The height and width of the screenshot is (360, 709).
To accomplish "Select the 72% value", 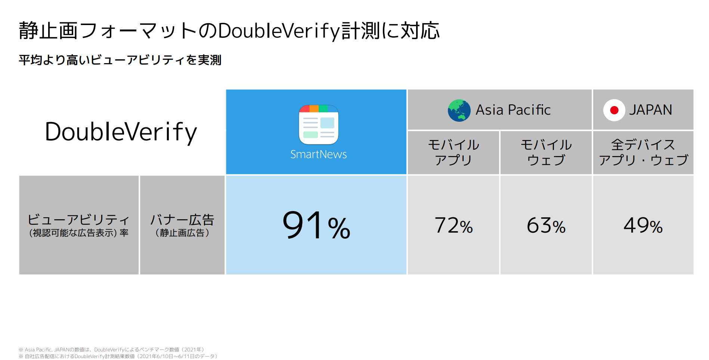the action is [x=453, y=225].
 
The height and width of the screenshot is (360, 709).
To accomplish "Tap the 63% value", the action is [x=546, y=225].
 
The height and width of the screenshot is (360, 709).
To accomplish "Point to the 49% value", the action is [x=643, y=225].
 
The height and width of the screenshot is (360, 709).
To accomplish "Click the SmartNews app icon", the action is [x=319, y=125].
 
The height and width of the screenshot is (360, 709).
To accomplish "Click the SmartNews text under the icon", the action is [x=319, y=154].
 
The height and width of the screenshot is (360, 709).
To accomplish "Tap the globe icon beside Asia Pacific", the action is [x=459, y=110].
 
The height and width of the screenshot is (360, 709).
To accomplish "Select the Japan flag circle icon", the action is [x=614, y=110].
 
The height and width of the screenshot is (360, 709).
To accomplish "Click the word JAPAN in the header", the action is [x=650, y=110].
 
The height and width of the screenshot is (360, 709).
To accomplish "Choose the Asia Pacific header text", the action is [x=513, y=110].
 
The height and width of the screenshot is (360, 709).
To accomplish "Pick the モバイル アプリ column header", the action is [x=453, y=152].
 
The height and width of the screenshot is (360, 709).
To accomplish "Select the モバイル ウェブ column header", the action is [x=546, y=152].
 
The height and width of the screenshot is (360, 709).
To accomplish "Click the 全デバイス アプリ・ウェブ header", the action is [x=643, y=152].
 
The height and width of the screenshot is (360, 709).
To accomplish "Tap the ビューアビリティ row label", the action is [x=79, y=225].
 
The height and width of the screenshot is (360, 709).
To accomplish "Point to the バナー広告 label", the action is [x=182, y=225].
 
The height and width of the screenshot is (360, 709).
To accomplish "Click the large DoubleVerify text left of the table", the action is [x=121, y=132].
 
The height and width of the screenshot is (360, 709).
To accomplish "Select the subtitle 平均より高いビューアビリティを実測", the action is [x=120, y=60].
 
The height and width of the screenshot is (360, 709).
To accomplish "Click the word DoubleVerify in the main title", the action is [x=279, y=31].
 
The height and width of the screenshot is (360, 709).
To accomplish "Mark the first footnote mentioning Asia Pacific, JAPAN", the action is [x=112, y=350].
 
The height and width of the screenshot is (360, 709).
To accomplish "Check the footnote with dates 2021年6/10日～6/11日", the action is [x=118, y=356].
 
